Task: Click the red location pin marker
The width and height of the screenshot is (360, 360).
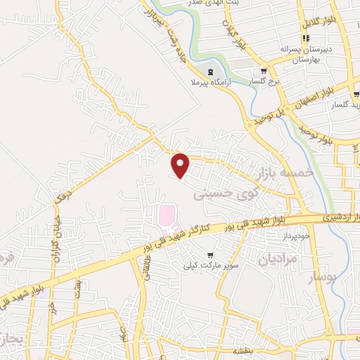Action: tap(181, 165)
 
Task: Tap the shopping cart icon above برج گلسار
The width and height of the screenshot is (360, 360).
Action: tap(264, 71)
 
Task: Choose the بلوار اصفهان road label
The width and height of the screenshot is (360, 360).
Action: tap(323, 94)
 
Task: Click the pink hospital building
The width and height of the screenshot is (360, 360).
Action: tap(167, 214)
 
